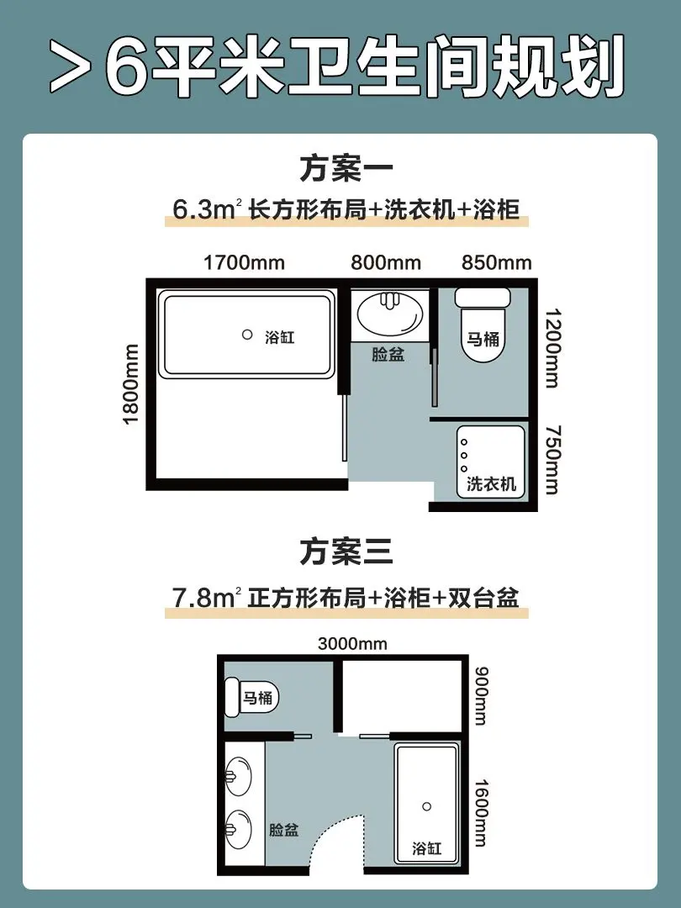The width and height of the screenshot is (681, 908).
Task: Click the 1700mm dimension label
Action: pyautogui.click(x=244, y=263)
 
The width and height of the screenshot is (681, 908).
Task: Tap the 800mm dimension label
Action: pyautogui.click(x=386, y=263)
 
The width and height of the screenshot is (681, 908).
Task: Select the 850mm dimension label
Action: pyautogui.click(x=496, y=263)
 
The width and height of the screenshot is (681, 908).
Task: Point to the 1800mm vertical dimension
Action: pyautogui.click(x=131, y=384)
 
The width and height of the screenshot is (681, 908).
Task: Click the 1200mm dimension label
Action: pyautogui.click(x=552, y=348)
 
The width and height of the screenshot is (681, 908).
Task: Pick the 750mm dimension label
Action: pyautogui.click(x=552, y=460)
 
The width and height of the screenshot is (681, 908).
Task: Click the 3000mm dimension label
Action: pyautogui.click(x=352, y=644)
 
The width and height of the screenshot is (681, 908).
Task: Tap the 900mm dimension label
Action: pyautogui.click(x=481, y=696)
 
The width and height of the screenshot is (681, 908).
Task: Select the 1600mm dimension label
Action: pyautogui.click(x=481, y=813)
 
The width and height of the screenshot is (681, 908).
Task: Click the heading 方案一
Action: pyautogui.click(x=346, y=167)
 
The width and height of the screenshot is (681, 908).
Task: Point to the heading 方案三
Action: pyautogui.click(x=346, y=552)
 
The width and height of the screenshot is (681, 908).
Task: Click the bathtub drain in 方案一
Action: pyautogui.click(x=247, y=334)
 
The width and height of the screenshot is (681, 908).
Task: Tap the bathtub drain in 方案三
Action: pyautogui.click(x=427, y=806)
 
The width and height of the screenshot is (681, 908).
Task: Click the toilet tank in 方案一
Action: pyautogui.click(x=483, y=298)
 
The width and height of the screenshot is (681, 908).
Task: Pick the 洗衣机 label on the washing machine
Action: pyautogui.click(x=491, y=484)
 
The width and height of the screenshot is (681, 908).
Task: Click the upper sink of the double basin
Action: pyautogui.click(x=239, y=776)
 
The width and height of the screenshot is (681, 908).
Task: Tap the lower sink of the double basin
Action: pyautogui.click(x=239, y=830)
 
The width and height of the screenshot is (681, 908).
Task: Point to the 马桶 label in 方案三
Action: pyautogui.click(x=258, y=697)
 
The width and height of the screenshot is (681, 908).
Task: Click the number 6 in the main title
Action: pyautogui.click(x=127, y=66)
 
